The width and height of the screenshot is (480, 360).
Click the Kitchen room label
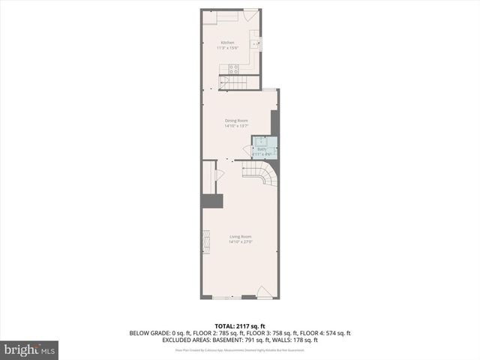point(226,42)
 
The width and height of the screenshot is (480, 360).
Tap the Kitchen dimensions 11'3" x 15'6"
point(226,48)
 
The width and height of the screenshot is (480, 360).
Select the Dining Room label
point(237,120)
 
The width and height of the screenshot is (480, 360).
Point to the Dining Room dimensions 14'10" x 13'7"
point(237,126)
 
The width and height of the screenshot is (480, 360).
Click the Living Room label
point(240,237)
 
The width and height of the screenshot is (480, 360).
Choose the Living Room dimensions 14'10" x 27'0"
point(240,242)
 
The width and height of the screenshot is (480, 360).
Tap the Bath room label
point(262,149)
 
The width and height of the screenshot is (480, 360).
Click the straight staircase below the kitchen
point(238,82)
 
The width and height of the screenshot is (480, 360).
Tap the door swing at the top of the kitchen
point(253,15)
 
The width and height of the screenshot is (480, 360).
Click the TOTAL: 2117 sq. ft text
point(240,325)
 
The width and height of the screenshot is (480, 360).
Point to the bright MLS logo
point(30,349)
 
